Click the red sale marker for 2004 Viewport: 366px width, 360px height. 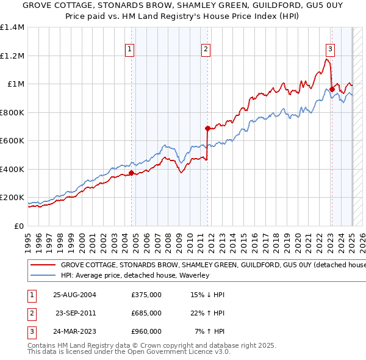pyautogui.click(x=131, y=173)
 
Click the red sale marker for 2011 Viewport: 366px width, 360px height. pyautogui.click(x=207, y=128)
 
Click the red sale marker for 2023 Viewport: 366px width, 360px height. pyautogui.click(x=332, y=89)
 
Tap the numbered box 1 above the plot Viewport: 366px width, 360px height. pyautogui.click(x=130, y=50)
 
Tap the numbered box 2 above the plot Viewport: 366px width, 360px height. pyautogui.click(x=206, y=50)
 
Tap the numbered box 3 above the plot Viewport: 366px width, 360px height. pyautogui.click(x=330, y=50)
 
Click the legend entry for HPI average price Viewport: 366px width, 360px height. pyautogui.click(x=135, y=276)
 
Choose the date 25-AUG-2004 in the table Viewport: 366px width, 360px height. pyautogui.click(x=75, y=295)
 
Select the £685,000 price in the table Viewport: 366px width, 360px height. pyautogui.click(x=146, y=313)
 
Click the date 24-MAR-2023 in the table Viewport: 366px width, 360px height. pyautogui.click(x=75, y=331)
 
